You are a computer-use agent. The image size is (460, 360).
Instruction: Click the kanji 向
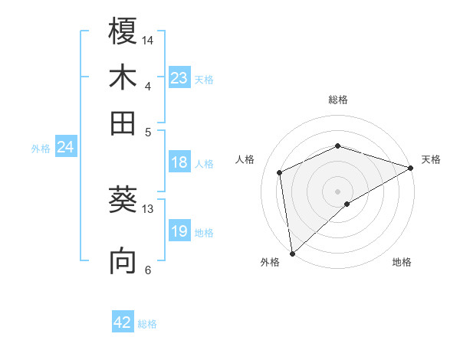tap(123, 260)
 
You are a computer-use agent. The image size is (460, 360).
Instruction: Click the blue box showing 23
tap(179, 78)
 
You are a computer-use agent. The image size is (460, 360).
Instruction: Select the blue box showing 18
tap(179, 162)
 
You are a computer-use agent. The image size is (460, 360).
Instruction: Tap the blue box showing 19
tap(179, 232)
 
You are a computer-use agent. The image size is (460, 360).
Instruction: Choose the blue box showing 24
tap(66, 148)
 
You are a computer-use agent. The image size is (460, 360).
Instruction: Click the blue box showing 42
tap(123, 322)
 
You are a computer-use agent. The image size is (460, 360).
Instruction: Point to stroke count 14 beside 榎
tap(148, 39)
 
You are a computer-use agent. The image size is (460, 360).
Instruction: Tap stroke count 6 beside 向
tap(148, 269)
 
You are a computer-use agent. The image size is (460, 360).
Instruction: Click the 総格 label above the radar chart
tap(337, 100)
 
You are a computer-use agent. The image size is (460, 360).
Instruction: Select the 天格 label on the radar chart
tap(432, 159)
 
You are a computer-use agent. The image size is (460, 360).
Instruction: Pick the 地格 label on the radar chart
tap(402, 262)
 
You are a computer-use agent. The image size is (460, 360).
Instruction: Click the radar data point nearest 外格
tap(292, 253)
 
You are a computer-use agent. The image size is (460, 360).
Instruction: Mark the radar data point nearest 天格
tap(411, 168)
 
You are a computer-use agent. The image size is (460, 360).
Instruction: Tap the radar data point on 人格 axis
tap(280, 172)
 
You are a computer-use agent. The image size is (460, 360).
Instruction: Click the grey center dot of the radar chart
tap(337, 191)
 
